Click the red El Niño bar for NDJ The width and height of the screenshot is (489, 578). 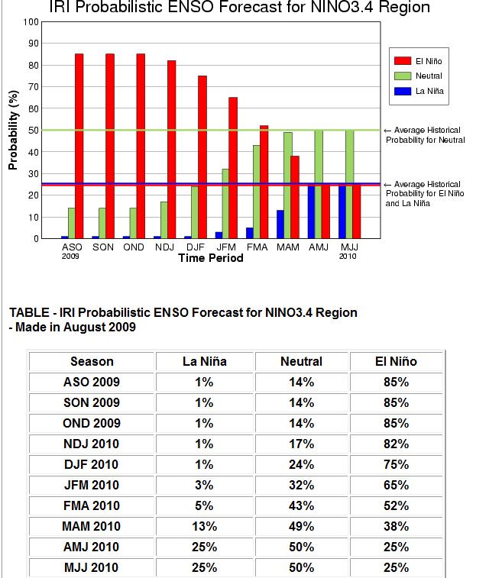(171, 150)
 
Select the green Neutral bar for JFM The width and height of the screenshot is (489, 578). (225, 203)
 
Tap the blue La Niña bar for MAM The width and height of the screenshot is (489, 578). (280, 224)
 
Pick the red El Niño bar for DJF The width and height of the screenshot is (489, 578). (202, 157)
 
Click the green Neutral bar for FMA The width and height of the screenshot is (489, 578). (256, 192)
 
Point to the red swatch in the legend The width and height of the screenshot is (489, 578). (403, 61)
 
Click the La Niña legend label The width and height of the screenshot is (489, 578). (429, 91)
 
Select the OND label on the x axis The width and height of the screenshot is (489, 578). (134, 247)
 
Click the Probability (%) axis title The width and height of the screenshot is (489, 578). (13, 130)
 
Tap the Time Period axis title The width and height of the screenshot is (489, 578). (211, 258)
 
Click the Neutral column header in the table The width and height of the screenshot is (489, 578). (301, 361)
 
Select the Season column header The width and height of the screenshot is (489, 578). (92, 361)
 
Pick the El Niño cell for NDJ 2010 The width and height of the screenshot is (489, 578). (396, 444)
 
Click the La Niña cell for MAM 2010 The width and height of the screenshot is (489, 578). (204, 526)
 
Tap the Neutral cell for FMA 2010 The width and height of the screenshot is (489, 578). (301, 505)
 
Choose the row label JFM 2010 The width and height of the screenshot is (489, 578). (92, 485)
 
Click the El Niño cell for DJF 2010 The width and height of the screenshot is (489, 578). (396, 464)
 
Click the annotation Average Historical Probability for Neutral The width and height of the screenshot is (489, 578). (426, 135)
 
